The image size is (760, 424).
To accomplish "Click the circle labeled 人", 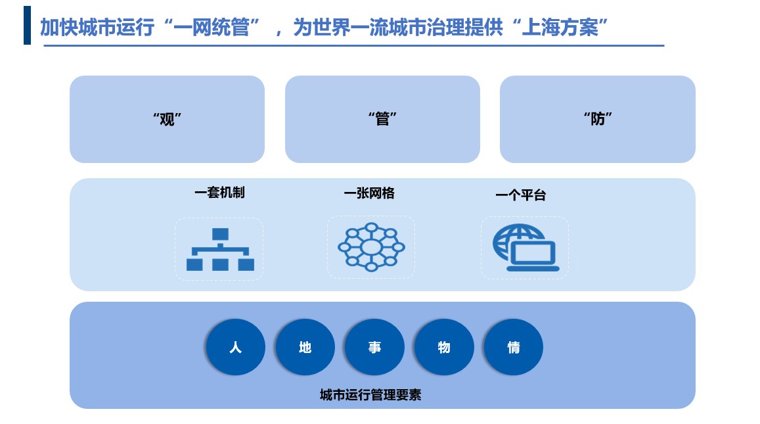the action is click(236, 347).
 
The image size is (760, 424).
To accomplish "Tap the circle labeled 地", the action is click(305, 347).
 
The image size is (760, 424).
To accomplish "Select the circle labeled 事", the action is click(374, 347).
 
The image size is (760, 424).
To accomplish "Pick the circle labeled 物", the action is click(444, 347).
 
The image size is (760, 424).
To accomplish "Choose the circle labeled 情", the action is click(513, 347).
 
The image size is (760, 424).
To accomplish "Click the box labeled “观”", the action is click(168, 119).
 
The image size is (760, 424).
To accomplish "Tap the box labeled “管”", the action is click(382, 119).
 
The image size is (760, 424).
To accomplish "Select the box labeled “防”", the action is click(598, 119).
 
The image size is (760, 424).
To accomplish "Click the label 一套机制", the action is click(219, 193).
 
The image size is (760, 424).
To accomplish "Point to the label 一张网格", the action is click(369, 193).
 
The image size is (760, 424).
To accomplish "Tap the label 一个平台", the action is click(521, 195).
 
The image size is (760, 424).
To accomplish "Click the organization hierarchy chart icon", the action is click(220, 249).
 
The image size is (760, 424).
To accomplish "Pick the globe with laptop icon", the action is click(526, 247).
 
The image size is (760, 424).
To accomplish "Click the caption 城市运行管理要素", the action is click(370, 395).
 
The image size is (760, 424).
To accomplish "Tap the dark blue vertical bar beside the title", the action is click(27, 25).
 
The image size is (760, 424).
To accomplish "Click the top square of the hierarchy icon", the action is click(221, 234).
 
